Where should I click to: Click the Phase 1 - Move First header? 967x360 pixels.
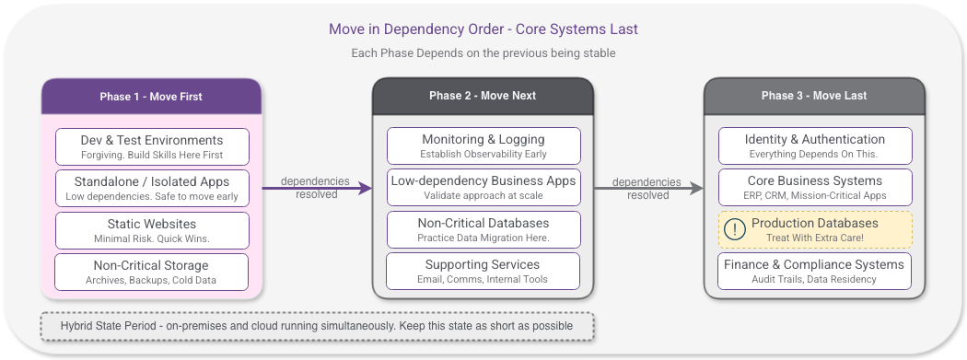click(151, 97)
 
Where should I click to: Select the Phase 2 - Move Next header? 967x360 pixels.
click(483, 96)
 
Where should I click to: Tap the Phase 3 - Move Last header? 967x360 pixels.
click(814, 96)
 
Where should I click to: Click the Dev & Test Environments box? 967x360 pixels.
click(152, 146)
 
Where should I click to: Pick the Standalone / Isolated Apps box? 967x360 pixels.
click(152, 188)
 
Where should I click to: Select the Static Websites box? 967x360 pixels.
click(152, 230)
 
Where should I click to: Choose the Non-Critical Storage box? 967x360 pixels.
click(152, 272)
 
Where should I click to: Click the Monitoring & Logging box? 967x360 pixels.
click(483, 145)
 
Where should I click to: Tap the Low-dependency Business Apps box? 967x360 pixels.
click(483, 187)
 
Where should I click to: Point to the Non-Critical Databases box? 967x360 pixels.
click(483, 229)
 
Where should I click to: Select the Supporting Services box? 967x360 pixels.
click(483, 271)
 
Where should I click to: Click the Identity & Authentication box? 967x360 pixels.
click(815, 145)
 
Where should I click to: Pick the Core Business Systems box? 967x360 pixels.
click(815, 187)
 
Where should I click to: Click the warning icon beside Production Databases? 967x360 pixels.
click(734, 230)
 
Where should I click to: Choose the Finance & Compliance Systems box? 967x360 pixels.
click(815, 271)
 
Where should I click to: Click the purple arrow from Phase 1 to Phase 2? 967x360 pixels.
click(317, 188)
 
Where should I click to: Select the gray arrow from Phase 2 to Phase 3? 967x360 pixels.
click(648, 188)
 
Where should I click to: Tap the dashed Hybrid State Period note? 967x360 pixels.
click(317, 326)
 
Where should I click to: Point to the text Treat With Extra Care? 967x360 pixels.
click(814, 238)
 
